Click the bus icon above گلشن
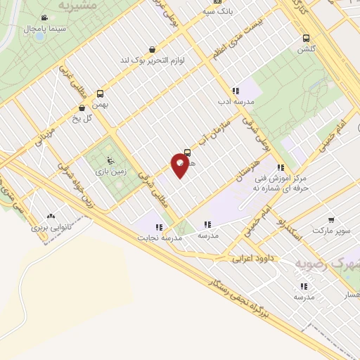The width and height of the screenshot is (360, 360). coord(306,38)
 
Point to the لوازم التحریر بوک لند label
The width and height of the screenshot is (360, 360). coord(152,60)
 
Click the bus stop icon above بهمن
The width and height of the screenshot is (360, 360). coord(101,94)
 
